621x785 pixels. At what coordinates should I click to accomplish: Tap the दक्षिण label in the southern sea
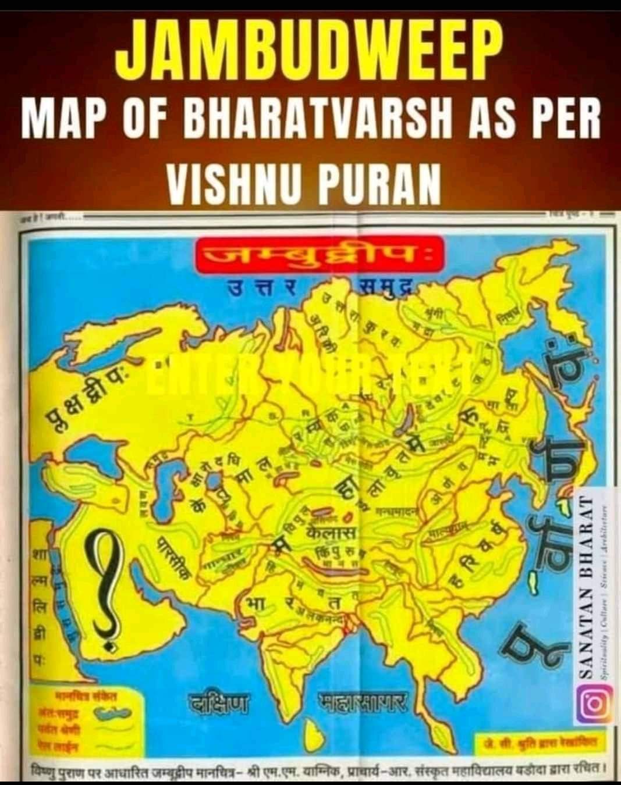218,703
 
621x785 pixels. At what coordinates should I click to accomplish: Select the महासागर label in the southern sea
363,702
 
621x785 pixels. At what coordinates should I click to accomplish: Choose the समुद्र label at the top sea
384,289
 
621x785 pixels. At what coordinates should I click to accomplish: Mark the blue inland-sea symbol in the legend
108,713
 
